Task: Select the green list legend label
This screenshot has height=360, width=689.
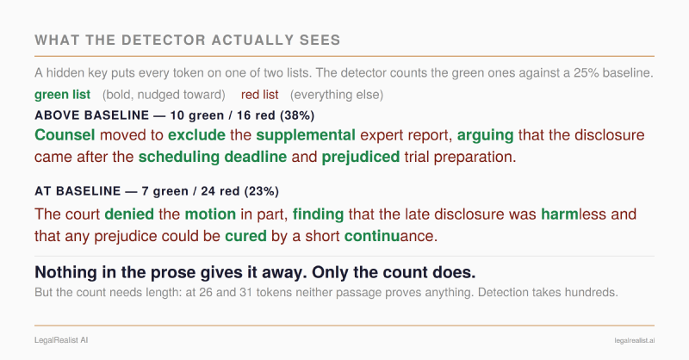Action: [62, 95]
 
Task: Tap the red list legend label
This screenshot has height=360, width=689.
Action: [260, 95]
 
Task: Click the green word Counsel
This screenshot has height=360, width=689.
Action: [65, 135]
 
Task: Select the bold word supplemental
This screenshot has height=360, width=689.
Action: [306, 135]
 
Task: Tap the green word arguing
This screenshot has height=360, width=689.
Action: [485, 135]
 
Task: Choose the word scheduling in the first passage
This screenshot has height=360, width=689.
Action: [179, 157]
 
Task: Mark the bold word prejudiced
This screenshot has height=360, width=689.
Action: [361, 157]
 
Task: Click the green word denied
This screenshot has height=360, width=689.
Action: [129, 214]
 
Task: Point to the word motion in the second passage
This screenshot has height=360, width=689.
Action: [210, 214]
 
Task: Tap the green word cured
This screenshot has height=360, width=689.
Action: [245, 236]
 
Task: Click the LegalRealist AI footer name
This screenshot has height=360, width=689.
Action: [61, 340]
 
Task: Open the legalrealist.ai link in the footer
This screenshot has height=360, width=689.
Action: [635, 341]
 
